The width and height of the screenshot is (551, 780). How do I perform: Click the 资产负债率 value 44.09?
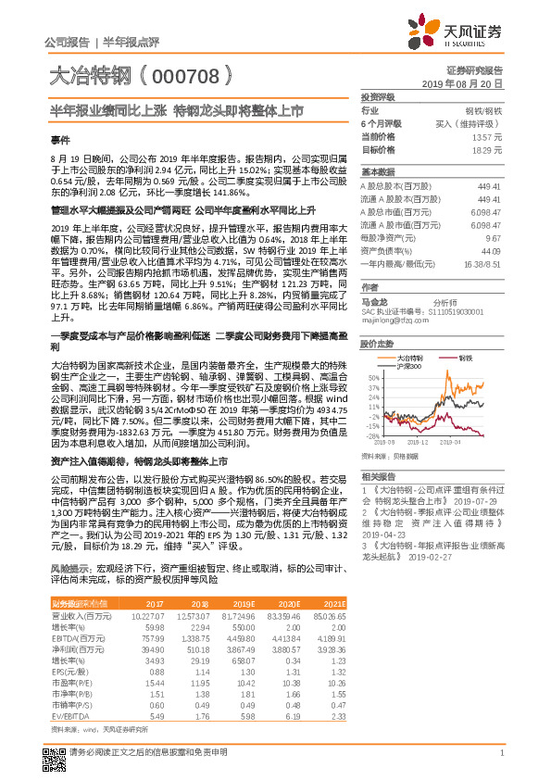point(492,250)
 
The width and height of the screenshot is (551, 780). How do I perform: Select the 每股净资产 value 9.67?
point(495,237)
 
